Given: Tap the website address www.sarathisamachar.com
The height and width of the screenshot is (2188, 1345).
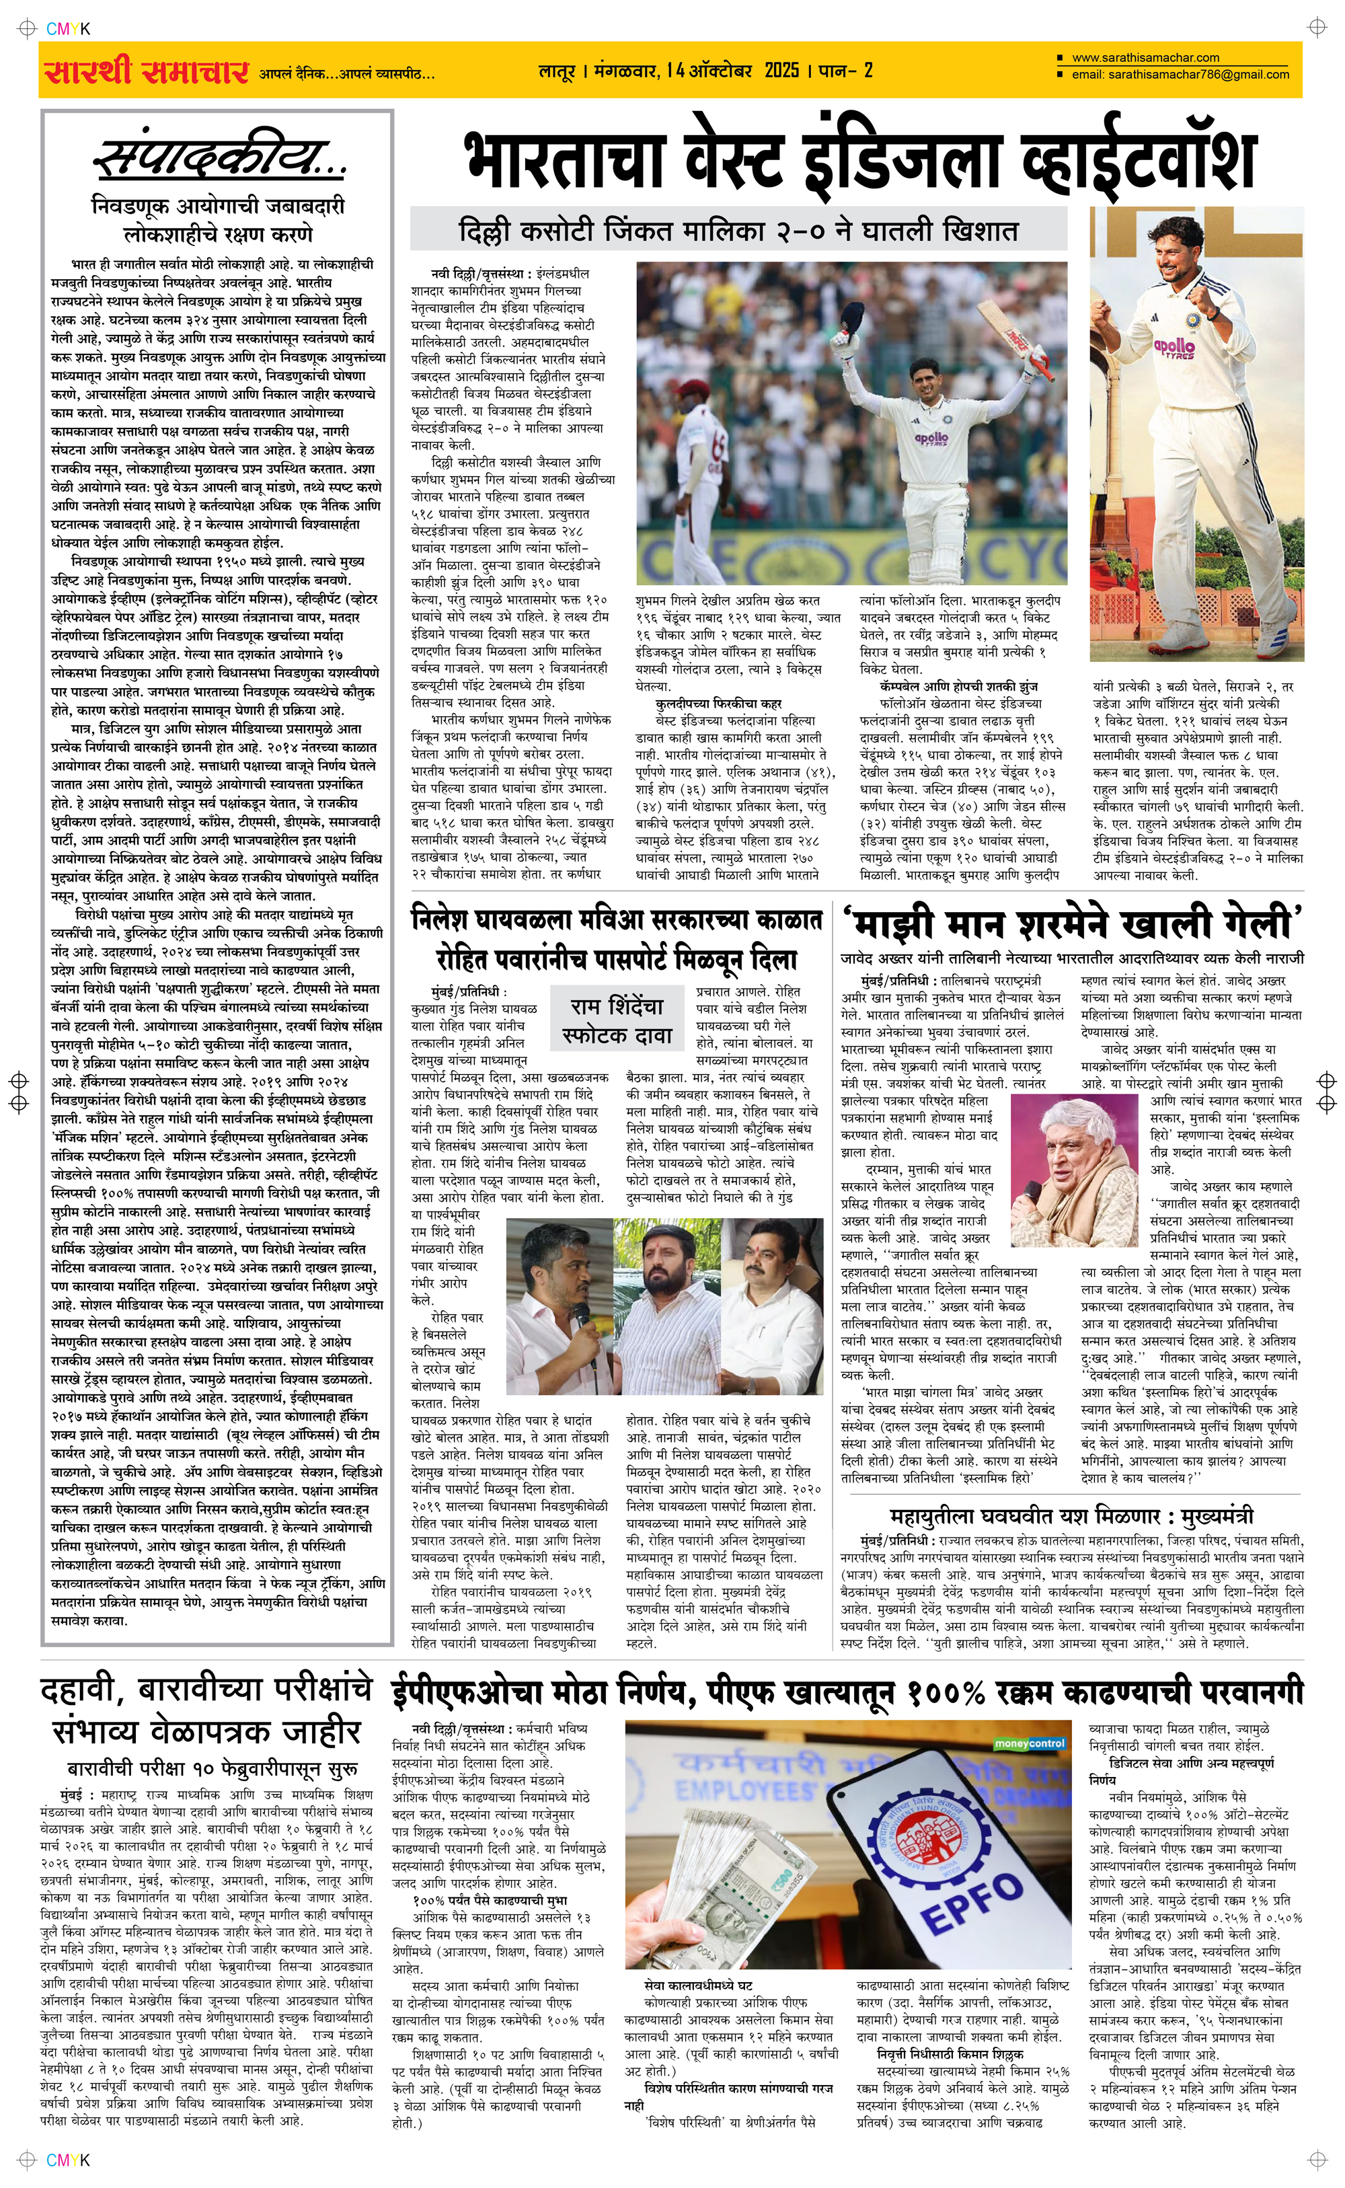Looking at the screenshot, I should pos(1145,58).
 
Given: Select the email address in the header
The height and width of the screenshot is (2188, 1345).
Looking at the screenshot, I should pos(1180,75).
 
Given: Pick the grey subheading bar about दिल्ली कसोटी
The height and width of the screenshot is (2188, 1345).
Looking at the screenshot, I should pos(738,231).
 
